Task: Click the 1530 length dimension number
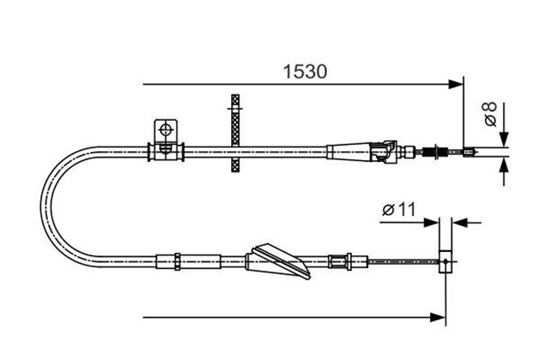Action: click(x=305, y=72)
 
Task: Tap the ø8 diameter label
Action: click(x=490, y=114)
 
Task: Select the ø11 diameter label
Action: click(x=399, y=209)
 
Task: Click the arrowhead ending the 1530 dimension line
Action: click(x=456, y=84)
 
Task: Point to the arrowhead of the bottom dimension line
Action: click(x=438, y=317)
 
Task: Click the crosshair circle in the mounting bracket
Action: click(x=166, y=130)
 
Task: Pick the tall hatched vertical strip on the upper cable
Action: click(x=235, y=133)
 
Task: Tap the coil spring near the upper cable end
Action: click(x=429, y=152)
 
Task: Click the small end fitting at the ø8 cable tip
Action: click(x=469, y=152)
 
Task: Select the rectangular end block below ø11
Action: click(x=445, y=262)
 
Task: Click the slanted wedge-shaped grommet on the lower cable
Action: click(x=278, y=261)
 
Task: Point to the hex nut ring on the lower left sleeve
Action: click(x=177, y=261)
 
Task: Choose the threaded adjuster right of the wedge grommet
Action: click(x=340, y=261)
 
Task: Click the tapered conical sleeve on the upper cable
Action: click(x=348, y=152)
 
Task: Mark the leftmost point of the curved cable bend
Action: click(x=41, y=207)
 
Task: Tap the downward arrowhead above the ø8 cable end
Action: click(x=505, y=139)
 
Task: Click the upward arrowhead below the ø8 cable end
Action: click(x=505, y=166)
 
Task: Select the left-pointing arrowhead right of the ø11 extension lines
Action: click(x=460, y=223)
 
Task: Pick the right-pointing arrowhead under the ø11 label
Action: click(x=431, y=223)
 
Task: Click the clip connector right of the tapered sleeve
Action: click(x=383, y=152)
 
